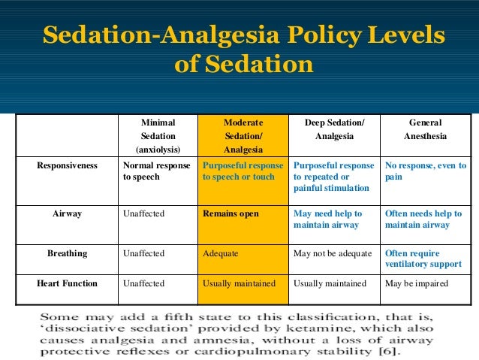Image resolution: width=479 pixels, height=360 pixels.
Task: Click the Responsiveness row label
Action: coord(67,165)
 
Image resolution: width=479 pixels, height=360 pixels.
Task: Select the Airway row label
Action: coord(67,213)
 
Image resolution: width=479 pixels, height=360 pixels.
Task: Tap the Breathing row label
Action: coord(67,253)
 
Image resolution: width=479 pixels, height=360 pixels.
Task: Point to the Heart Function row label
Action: coord(67,283)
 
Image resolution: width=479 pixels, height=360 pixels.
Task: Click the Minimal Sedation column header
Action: coord(158,136)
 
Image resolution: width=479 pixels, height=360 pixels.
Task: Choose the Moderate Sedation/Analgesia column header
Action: coord(243,136)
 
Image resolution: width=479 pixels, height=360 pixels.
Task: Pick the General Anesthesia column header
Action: coord(425,129)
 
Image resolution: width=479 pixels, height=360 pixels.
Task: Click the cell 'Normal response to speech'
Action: coord(156,171)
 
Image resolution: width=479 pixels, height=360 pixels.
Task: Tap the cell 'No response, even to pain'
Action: coord(425,171)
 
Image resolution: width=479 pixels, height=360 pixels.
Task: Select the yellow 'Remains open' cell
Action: coord(230,213)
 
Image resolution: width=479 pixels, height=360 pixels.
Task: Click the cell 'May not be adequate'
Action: coord(331,253)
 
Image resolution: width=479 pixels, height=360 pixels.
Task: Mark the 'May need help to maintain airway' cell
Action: coord(327,219)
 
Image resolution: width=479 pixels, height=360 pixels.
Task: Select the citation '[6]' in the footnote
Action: coord(390,350)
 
